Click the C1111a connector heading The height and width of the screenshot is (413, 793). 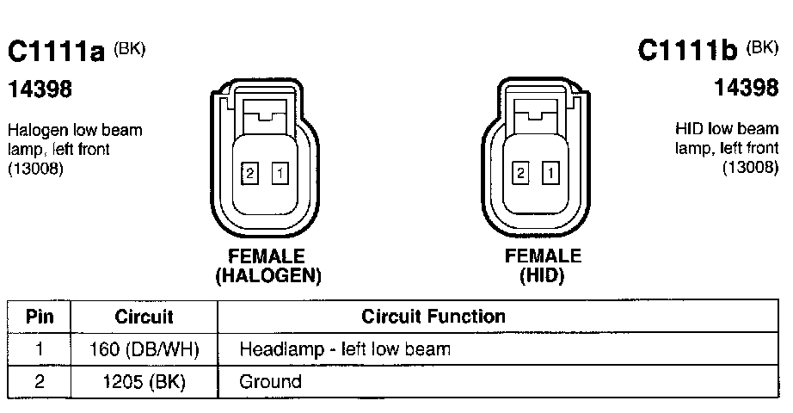[x=56, y=52]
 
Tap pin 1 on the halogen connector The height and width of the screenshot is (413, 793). [x=280, y=173]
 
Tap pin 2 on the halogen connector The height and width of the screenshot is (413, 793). [x=250, y=173]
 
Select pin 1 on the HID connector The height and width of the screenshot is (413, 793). [x=550, y=173]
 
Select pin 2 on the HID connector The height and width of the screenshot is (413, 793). [x=520, y=173]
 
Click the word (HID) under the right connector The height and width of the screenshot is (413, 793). [x=543, y=276]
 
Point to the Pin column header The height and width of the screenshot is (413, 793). [x=40, y=317]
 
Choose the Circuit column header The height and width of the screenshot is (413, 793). [x=144, y=317]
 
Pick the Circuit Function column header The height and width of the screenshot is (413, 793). [x=433, y=317]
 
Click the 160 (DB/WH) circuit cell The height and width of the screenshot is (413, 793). [x=144, y=350]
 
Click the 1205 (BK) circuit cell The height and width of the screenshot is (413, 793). [x=144, y=381]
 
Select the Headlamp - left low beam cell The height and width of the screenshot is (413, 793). [x=345, y=350]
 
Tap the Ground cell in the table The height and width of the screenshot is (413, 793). [x=271, y=381]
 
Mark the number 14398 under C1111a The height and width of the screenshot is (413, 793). [x=40, y=89]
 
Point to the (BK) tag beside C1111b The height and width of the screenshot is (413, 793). [x=762, y=46]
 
